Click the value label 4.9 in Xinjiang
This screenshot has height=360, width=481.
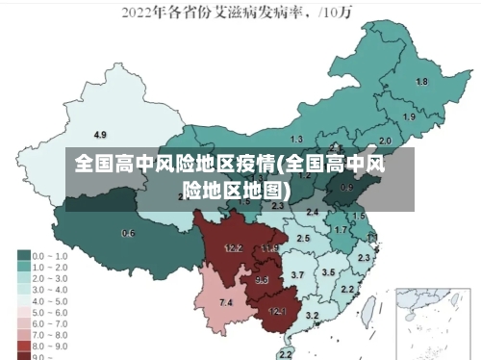[100, 134]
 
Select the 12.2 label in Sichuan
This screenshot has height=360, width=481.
[233, 247]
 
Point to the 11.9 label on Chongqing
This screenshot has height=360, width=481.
[269, 248]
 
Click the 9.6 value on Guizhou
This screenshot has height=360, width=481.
[262, 280]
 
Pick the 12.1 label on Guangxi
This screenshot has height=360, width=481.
[277, 311]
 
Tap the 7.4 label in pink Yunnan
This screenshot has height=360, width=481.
[226, 302]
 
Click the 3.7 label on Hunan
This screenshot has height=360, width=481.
[297, 275]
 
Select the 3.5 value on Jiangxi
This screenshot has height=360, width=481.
[328, 272]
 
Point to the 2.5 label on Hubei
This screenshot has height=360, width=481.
[303, 238]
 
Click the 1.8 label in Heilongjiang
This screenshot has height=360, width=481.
[420, 82]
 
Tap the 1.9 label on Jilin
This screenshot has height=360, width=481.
[409, 116]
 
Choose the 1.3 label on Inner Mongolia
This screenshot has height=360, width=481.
[296, 140]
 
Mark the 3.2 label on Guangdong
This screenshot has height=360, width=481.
[312, 315]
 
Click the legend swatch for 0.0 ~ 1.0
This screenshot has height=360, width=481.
[23, 256]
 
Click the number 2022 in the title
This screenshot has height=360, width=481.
[140, 13]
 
